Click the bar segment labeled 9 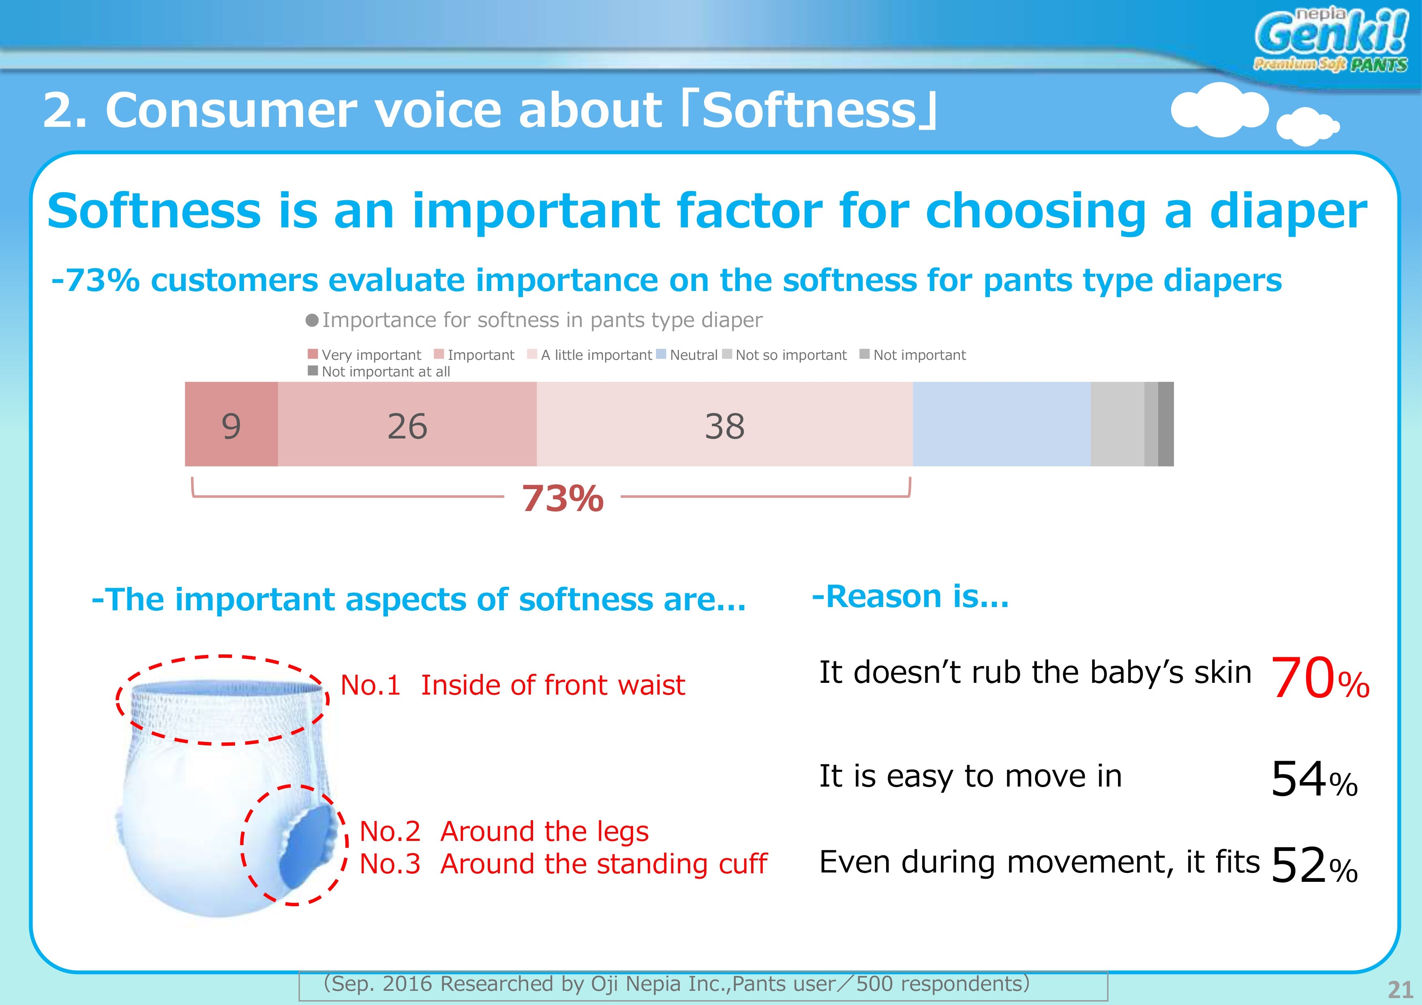(x=231, y=424)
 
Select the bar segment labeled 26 (x=407, y=424)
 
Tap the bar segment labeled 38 (x=725, y=424)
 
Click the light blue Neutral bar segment (x=1002, y=424)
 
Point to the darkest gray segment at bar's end (x=1165, y=424)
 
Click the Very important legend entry (x=365, y=355)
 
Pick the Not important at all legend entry (x=379, y=372)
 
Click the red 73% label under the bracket (x=562, y=498)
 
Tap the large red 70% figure (x=1320, y=679)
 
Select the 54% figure (x=1314, y=779)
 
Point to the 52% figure (x=1314, y=865)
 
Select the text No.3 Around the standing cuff (x=563, y=864)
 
